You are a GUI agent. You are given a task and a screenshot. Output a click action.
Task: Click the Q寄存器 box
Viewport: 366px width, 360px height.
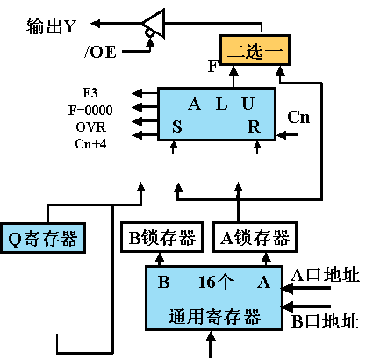[x=43, y=237]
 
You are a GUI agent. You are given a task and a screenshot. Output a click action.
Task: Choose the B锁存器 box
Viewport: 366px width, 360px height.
[x=159, y=237]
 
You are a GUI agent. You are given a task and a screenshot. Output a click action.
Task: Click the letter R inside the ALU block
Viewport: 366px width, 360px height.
[x=254, y=126]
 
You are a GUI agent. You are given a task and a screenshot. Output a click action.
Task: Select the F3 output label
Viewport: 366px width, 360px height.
[x=90, y=91]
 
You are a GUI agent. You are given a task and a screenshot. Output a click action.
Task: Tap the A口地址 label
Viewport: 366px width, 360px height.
[x=324, y=277]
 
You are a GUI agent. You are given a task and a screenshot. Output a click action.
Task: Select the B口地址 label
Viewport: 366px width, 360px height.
[x=324, y=321]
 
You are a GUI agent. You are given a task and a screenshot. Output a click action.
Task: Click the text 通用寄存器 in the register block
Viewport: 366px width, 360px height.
[x=216, y=314]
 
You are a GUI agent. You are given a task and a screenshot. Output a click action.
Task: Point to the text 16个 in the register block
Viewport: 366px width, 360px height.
[x=215, y=283]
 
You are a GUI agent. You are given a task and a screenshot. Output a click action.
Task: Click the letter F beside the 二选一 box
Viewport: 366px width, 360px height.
[x=212, y=65]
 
